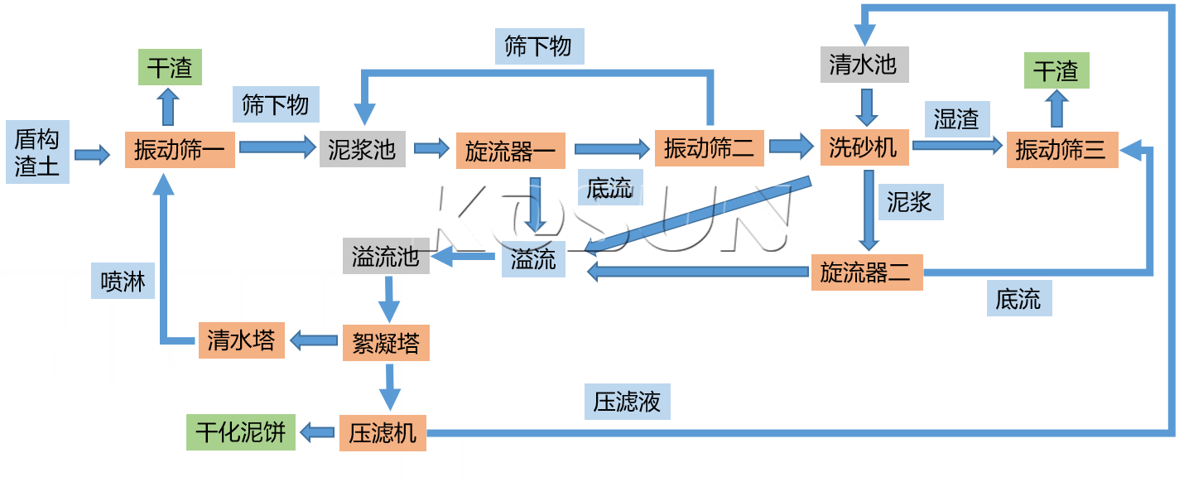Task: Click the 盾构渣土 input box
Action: click(x=37, y=152)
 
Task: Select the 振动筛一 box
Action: click(x=180, y=150)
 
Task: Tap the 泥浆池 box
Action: click(x=362, y=149)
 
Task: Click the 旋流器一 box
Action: click(x=511, y=151)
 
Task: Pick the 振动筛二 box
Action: click(x=709, y=148)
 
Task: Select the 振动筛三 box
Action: click(x=1061, y=150)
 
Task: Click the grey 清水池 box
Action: click(x=864, y=65)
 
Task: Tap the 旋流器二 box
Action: click(x=866, y=272)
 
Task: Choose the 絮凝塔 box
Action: click(x=386, y=342)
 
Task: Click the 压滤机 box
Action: click(x=383, y=433)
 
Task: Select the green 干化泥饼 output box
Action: click(x=240, y=431)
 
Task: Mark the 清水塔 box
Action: click(x=241, y=340)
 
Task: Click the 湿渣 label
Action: click(x=956, y=118)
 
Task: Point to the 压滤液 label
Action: click(x=627, y=402)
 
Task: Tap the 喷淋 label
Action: click(x=123, y=282)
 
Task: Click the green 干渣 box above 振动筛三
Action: click(x=1056, y=71)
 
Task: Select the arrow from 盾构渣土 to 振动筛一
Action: click(x=92, y=154)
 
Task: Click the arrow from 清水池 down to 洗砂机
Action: click(x=866, y=106)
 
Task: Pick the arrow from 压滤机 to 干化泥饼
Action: click(x=317, y=431)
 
